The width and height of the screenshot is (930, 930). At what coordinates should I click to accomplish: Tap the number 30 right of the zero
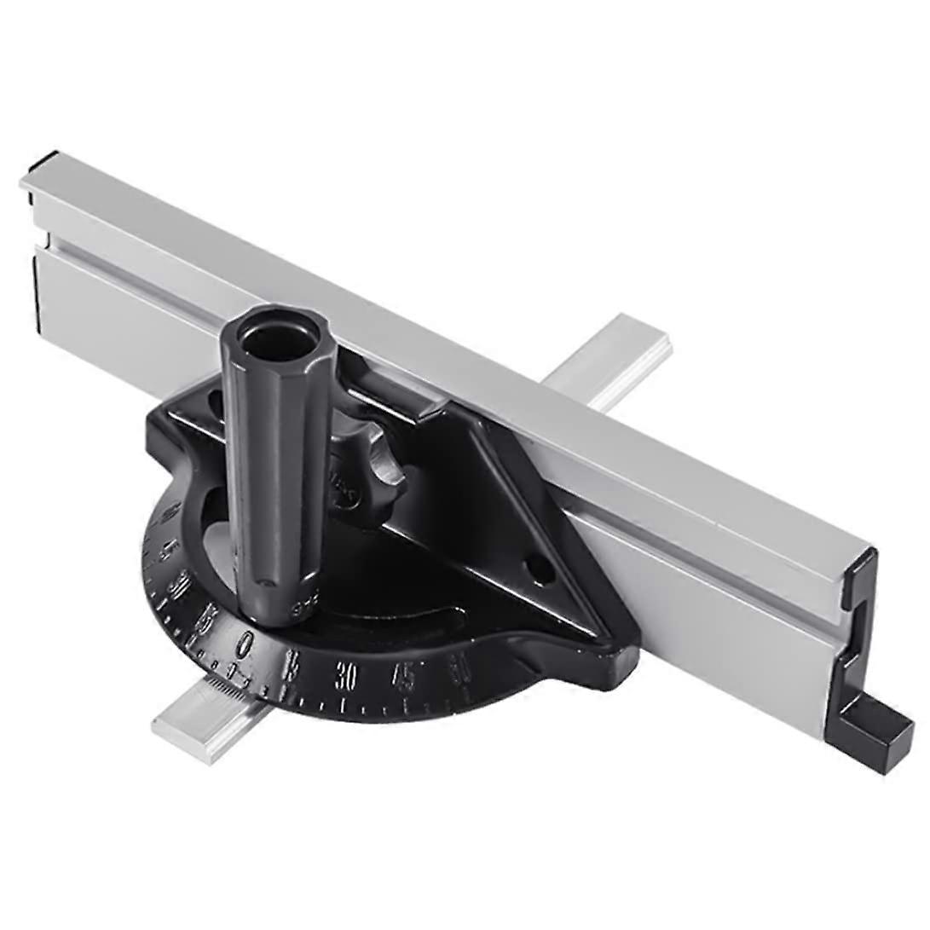point(346,676)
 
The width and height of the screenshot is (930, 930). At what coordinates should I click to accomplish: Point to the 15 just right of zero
point(292,663)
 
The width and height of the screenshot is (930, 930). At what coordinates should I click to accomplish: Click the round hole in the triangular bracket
point(539,569)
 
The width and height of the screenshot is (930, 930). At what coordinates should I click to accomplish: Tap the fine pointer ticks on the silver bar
point(223,682)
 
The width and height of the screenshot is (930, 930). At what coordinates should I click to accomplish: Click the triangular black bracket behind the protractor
point(494,511)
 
